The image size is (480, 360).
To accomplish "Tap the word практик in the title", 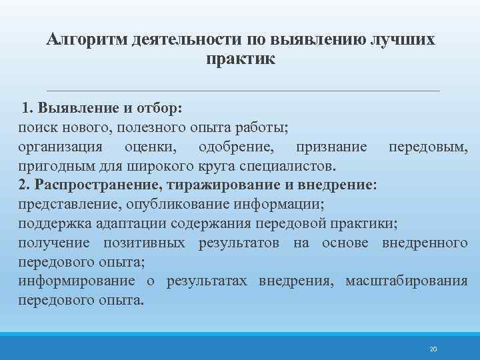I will (x=241, y=59).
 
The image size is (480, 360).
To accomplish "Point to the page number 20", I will (x=433, y=349).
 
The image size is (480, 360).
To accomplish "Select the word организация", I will (x=61, y=146).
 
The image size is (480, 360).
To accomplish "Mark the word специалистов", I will (x=292, y=165).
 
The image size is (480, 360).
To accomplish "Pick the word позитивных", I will (x=144, y=242).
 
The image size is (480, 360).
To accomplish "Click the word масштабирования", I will (x=406, y=281).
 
